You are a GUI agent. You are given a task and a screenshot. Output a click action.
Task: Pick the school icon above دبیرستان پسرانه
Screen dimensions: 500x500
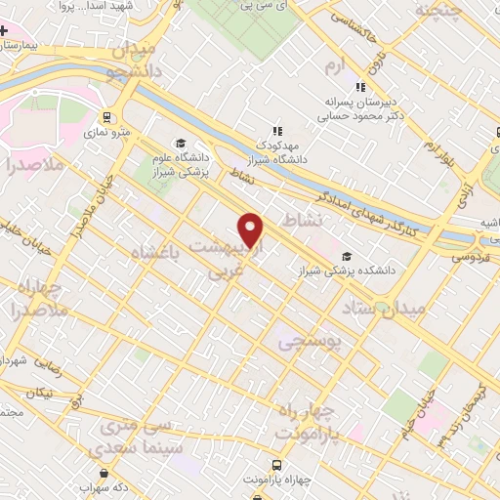(x=361, y=86)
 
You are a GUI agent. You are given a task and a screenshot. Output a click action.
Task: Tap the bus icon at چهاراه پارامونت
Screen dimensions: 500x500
(x=277, y=464)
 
